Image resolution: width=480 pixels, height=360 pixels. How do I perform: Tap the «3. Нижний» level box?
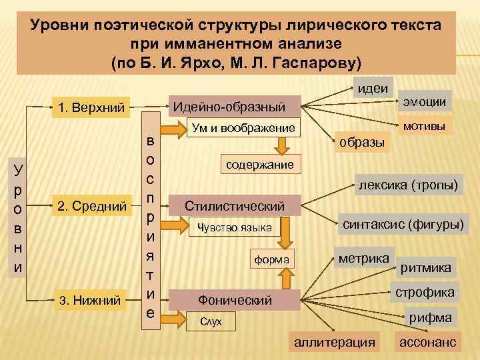(91, 301)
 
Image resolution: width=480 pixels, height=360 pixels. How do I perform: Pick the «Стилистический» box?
(235, 206)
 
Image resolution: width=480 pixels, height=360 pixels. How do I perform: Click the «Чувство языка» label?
(233, 228)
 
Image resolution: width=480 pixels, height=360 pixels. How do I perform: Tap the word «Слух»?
(211, 323)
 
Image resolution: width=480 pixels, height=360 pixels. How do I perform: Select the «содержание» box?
(259, 164)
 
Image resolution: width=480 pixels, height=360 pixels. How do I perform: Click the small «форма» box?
(270, 259)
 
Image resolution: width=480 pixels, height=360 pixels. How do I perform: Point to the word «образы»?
(361, 143)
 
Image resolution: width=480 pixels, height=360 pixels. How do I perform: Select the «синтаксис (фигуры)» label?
(403, 225)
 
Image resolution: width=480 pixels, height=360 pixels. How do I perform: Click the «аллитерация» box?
(334, 342)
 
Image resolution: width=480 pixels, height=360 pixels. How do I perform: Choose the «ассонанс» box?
(427, 342)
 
